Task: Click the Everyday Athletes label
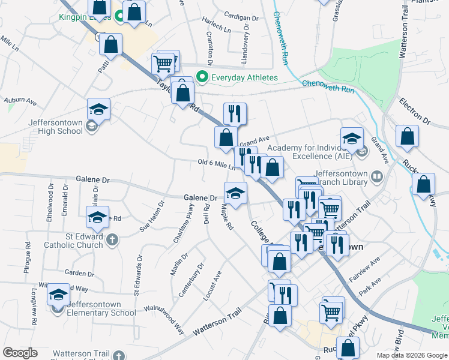[x=244, y=77]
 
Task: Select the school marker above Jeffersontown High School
[x=98, y=110]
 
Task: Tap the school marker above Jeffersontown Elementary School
[x=58, y=295]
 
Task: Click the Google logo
[x=20, y=353]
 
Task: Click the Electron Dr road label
[x=415, y=112]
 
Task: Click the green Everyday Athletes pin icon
[x=202, y=77]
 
